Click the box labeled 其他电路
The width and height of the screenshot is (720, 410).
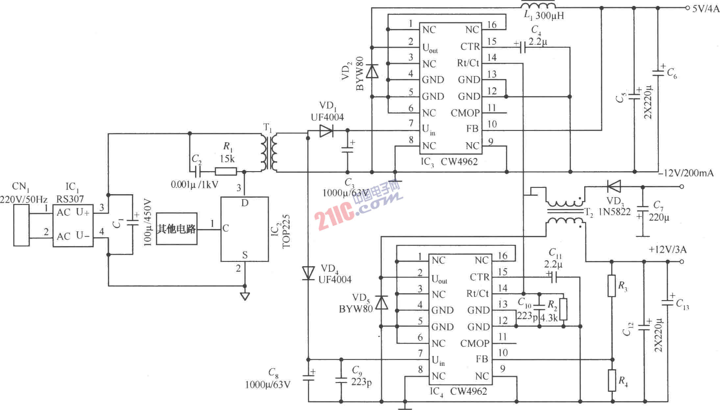[177, 229]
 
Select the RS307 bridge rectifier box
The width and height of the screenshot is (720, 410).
[73, 225]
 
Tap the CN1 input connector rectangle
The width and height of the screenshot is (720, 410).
[21, 225]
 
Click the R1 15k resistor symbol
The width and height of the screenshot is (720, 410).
[226, 171]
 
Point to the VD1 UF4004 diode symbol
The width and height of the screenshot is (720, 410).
[326, 131]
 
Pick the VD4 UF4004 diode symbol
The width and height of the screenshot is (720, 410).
[308, 273]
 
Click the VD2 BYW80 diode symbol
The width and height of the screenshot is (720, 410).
[372, 71]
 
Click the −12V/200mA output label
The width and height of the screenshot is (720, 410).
[686, 173]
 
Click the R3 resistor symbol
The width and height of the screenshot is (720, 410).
[611, 286]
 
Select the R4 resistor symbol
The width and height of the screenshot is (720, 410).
[611, 380]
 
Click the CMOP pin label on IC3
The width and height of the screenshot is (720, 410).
[465, 113]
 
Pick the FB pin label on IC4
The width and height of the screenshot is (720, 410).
[482, 359]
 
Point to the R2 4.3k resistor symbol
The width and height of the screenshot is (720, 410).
[563, 309]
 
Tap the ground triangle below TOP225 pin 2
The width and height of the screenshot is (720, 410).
[245, 296]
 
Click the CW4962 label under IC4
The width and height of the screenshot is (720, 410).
[468, 392]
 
